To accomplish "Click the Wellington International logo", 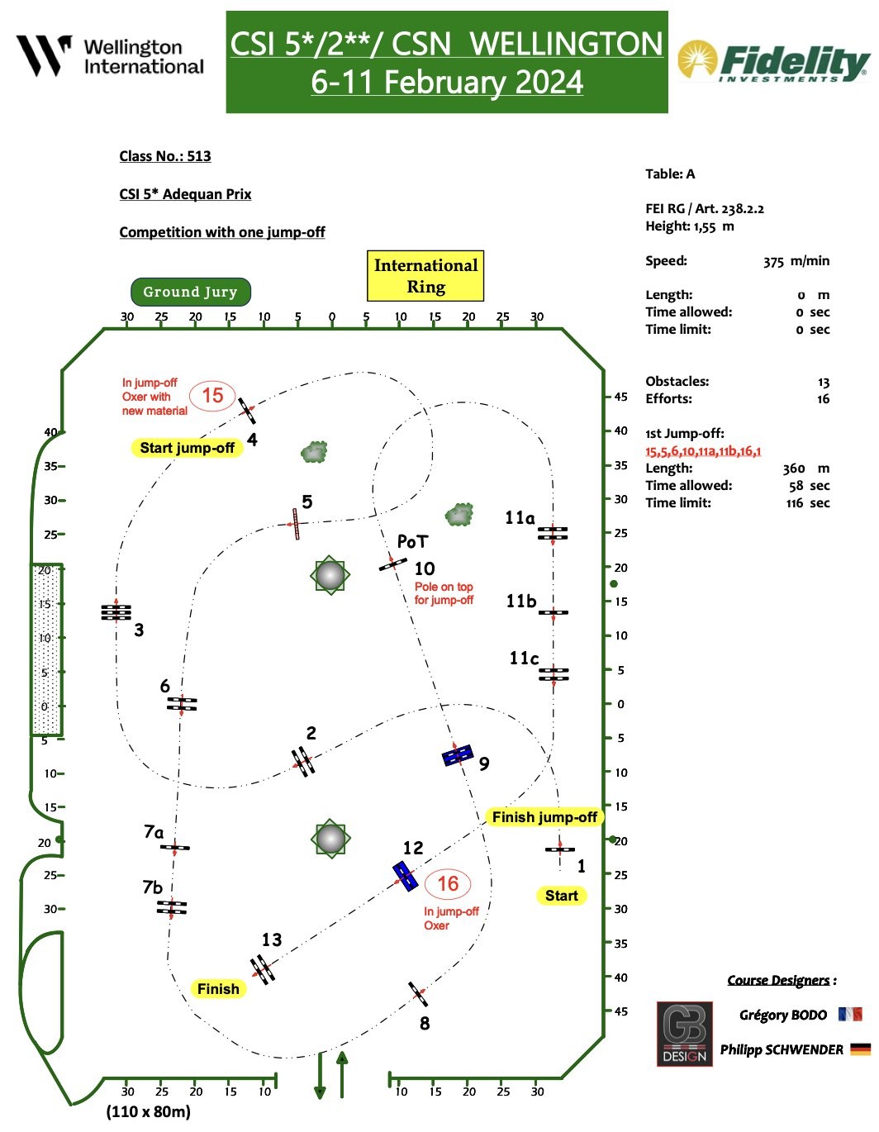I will pos(110,56).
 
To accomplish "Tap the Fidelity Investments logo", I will pos(772,61).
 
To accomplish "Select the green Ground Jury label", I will pos(190,292).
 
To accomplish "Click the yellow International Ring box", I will pos(425,276).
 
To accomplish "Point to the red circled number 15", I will pos(212,396).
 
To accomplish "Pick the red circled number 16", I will pos(447,884).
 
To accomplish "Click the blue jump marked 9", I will pos(458,754).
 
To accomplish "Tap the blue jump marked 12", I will pos(405,876).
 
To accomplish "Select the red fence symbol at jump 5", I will pos(295,523).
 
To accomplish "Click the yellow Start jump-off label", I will pos(187,448).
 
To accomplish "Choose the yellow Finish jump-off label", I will pos(544,817).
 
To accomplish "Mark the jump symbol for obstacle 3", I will pos(116,612).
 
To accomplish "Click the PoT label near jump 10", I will pos(412,541).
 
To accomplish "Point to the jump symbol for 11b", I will pos(554,612).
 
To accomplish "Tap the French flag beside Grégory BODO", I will pos(849,1014).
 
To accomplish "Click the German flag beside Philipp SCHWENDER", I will pos(860,1049).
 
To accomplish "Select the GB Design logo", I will pos(684,1033).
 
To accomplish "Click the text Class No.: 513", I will pos(165,156).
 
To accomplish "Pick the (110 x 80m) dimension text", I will pos(148,1111).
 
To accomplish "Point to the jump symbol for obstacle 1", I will pos(560,849).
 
